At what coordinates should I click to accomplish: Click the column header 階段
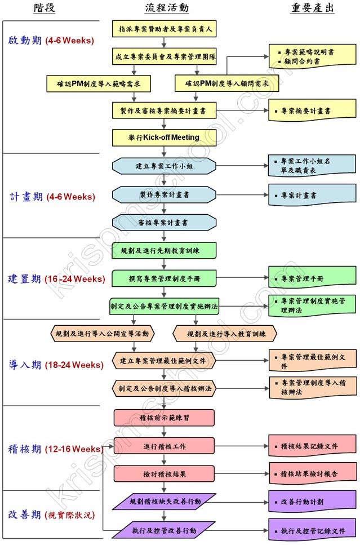click(44, 8)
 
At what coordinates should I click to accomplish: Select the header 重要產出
click(313, 8)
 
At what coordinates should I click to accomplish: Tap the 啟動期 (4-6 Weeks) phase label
click(51, 41)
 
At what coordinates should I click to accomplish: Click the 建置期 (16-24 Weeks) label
click(56, 279)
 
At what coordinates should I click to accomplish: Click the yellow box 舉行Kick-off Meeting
click(164, 138)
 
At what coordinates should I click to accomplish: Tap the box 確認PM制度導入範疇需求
click(99, 83)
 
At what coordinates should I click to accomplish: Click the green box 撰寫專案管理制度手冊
click(164, 278)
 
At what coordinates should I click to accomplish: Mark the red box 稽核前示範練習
click(164, 418)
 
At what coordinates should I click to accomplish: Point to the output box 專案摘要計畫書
click(313, 112)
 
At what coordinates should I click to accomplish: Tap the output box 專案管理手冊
click(313, 278)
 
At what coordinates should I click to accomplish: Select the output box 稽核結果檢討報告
click(313, 473)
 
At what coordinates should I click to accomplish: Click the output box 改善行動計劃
click(313, 500)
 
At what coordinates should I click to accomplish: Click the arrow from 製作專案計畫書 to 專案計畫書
click(242, 194)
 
